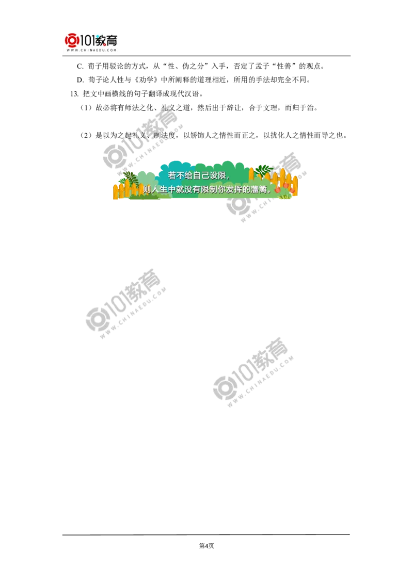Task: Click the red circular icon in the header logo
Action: (71, 40)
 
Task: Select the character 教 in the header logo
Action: (101, 40)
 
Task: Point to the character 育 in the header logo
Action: (112, 40)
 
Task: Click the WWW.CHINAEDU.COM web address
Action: (91, 51)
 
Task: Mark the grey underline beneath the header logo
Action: (91, 56)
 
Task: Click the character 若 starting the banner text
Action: (172, 176)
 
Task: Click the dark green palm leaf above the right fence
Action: (263, 169)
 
